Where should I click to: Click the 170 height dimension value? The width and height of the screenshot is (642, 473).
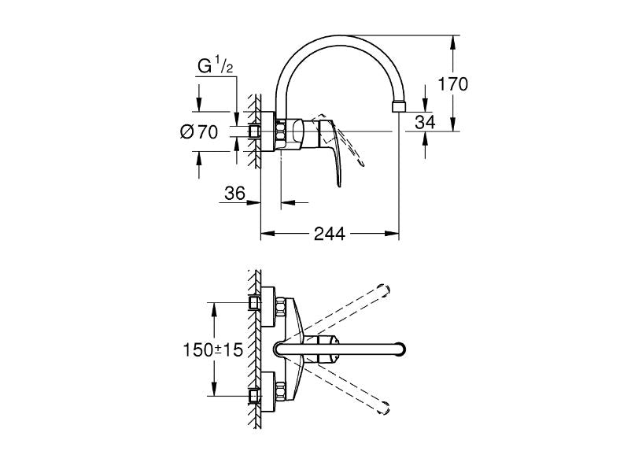454,83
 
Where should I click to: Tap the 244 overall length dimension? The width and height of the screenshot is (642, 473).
330,234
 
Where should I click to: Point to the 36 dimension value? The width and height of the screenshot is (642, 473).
235,194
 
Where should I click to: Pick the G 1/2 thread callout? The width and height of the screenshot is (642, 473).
215,67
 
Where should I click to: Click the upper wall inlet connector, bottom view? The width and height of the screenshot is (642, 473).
255,303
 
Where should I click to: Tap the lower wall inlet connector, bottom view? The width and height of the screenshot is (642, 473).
255,394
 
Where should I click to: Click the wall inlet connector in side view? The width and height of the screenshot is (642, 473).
255,131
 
